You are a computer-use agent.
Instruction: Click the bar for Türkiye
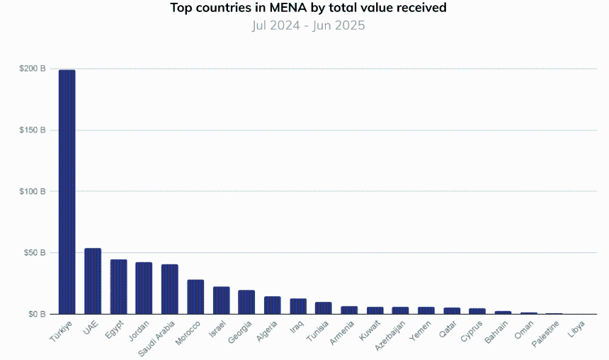tap(67, 191)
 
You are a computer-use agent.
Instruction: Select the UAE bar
tap(93, 281)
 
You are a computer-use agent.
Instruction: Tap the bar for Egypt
tap(118, 287)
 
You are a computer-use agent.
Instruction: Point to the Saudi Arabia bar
tap(170, 289)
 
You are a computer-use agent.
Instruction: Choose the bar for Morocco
tap(195, 297)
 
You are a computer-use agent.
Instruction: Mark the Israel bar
tap(221, 300)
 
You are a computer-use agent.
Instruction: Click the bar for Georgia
tap(246, 302)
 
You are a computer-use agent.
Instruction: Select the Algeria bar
tap(272, 305)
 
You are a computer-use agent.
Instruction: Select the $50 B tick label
tap(35, 252)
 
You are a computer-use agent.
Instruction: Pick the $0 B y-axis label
tap(38, 314)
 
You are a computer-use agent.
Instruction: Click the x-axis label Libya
tap(576, 331)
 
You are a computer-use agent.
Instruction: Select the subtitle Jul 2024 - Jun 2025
tap(308, 26)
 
